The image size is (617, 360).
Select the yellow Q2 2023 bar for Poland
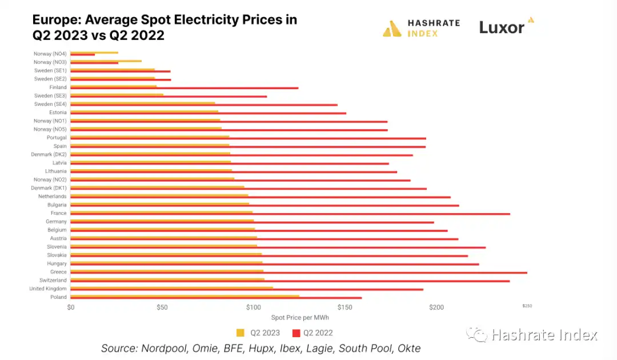[183, 296]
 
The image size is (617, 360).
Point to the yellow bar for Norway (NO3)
[106, 61]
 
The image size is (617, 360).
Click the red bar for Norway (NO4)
[83, 54]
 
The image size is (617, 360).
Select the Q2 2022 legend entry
[313, 333]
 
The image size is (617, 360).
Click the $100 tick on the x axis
[253, 307]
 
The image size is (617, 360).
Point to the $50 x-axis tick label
[162, 307]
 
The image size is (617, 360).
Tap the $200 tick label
[436, 307]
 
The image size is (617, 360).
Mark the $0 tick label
[71, 307]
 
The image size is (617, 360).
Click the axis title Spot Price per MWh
[300, 318]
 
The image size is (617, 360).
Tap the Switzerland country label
[53, 281]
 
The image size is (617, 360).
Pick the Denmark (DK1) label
[49, 188]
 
